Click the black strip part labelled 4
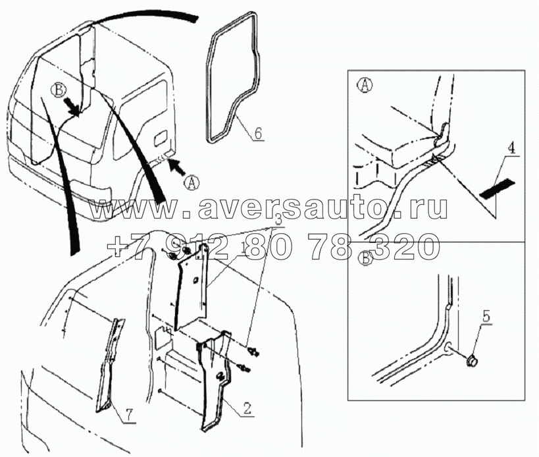pyautogui.click(x=497, y=190)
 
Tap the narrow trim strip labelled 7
pyautogui.click(x=110, y=365)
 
